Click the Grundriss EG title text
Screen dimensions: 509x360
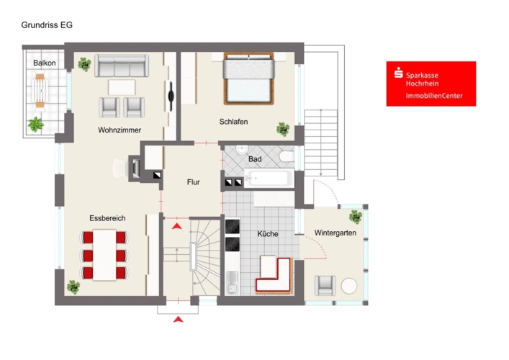coord(47,25)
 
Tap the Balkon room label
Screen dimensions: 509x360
coord(45,63)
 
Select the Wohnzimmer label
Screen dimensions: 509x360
coord(120,130)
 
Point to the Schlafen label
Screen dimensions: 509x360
coord(233,122)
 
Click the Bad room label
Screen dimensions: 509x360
coord(255,159)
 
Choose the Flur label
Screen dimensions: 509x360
coord(193,182)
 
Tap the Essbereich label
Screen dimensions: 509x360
coord(107,218)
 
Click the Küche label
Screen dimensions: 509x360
coord(268,234)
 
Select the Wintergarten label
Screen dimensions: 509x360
coord(335,233)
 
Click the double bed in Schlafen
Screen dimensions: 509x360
coord(248,78)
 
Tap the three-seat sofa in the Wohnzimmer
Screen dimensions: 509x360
coord(122,66)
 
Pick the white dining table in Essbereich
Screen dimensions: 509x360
coord(104,255)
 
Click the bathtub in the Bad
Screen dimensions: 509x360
coord(269,179)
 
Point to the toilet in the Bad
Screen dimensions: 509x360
coord(287,156)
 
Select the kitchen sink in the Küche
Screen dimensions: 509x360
coord(232,282)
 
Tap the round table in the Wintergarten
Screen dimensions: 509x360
coord(349,286)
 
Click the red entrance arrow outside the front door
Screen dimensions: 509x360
coord(179,320)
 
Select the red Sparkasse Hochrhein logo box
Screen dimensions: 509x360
coord(431,84)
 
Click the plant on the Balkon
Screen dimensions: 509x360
coord(36,125)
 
